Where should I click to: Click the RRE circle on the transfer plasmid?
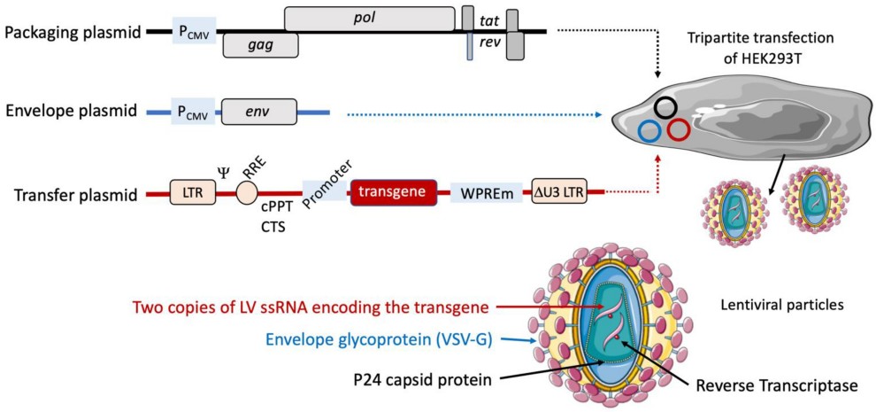click(247, 190)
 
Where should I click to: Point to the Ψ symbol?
click(223, 170)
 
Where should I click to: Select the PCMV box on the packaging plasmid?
click(194, 31)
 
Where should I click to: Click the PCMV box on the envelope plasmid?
click(193, 112)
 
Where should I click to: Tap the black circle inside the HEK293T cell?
click(667, 108)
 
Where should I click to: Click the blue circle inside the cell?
click(649, 131)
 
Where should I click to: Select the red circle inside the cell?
click(679, 130)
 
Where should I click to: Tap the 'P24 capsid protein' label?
click(419, 379)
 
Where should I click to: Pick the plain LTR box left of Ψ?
click(194, 191)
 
